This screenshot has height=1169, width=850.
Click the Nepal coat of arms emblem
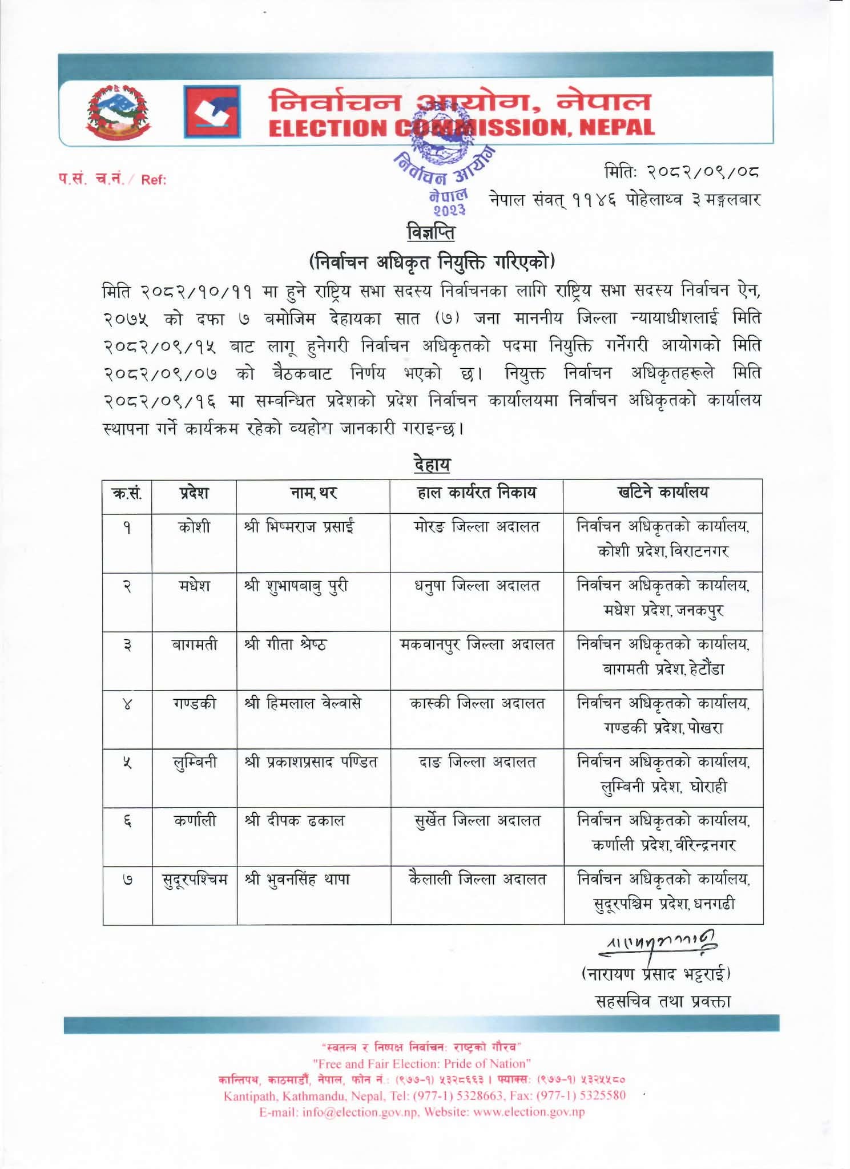[x=118, y=112]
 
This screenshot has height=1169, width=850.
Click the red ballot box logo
[x=212, y=112]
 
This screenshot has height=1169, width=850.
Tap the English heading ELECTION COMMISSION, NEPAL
[x=461, y=127]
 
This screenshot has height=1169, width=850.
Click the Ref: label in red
[x=154, y=180]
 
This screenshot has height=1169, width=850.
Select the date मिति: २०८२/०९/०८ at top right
[x=682, y=171]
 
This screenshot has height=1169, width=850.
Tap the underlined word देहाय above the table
[x=432, y=464]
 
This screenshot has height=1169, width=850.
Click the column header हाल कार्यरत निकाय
[x=477, y=492]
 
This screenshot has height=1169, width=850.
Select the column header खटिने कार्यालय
[x=663, y=492]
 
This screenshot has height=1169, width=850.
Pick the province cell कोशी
[x=194, y=527]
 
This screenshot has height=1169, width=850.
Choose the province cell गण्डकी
[x=194, y=704]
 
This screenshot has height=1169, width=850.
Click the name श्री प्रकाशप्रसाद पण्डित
[x=311, y=763]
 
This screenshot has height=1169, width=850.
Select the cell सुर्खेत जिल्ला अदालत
[x=477, y=821]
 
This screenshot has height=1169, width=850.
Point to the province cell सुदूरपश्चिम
[x=194, y=880]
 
